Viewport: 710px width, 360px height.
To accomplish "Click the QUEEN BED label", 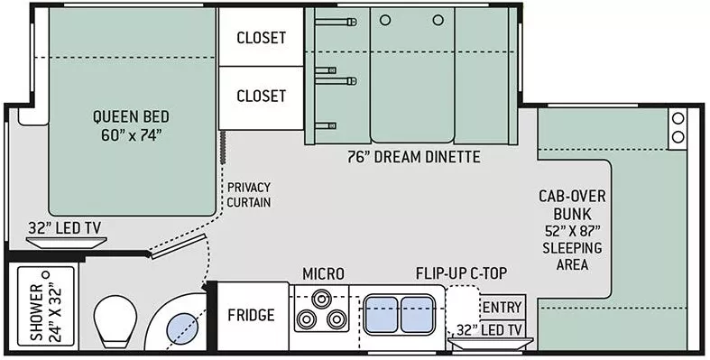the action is click(131, 125).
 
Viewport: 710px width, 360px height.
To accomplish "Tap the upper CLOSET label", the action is click(262, 38).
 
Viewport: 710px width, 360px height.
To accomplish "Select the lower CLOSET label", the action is click(262, 96).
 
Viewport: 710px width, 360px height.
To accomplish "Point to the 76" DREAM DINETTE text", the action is click(414, 157).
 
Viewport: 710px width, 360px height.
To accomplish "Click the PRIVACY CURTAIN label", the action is click(249, 195).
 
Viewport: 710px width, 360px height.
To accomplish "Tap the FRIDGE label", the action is click(252, 315).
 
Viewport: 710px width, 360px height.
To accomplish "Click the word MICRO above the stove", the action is click(323, 274).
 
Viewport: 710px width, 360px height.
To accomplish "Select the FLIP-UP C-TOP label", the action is click(461, 273).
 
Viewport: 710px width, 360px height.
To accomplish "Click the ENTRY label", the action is click(502, 308).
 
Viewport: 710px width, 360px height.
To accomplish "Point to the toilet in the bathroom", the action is click(115, 320).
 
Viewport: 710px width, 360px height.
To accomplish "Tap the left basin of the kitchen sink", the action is click(382, 315).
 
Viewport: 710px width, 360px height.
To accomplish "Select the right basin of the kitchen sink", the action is click(416, 315).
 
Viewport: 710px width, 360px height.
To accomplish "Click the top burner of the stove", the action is click(321, 299).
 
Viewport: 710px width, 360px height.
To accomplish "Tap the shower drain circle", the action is click(45, 274).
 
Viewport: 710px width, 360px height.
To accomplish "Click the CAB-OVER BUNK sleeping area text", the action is click(572, 230).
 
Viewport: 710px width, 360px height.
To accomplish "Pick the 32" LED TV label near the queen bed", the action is click(65, 227).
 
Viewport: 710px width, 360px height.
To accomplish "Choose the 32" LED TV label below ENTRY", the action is click(489, 330).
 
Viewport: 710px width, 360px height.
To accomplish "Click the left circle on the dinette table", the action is click(385, 21).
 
